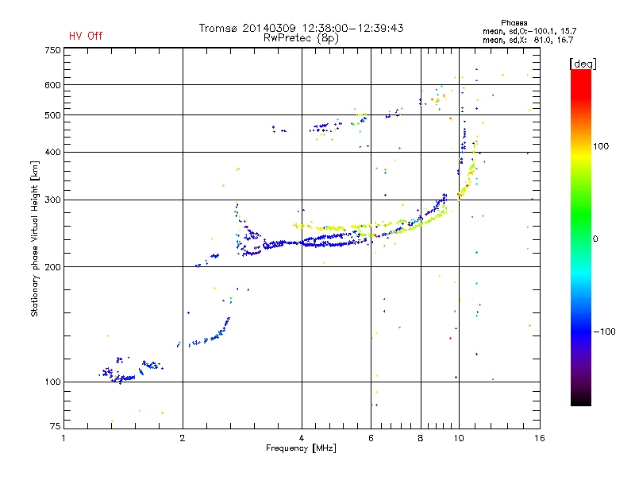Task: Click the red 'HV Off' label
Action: click(x=86, y=36)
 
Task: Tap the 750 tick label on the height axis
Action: click(x=52, y=50)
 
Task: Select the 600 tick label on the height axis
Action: click(x=52, y=85)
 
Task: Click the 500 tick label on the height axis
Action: click(x=52, y=115)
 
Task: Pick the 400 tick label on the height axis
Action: click(x=52, y=152)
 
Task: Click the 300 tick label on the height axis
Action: click(x=52, y=200)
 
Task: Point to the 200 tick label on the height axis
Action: click(x=52, y=267)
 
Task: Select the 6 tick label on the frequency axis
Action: click(x=371, y=438)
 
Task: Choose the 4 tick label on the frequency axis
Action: click(x=302, y=438)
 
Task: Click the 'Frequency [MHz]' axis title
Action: click(x=301, y=448)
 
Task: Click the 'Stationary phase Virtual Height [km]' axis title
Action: click(x=35, y=238)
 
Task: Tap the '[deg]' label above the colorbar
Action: click(x=583, y=63)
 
